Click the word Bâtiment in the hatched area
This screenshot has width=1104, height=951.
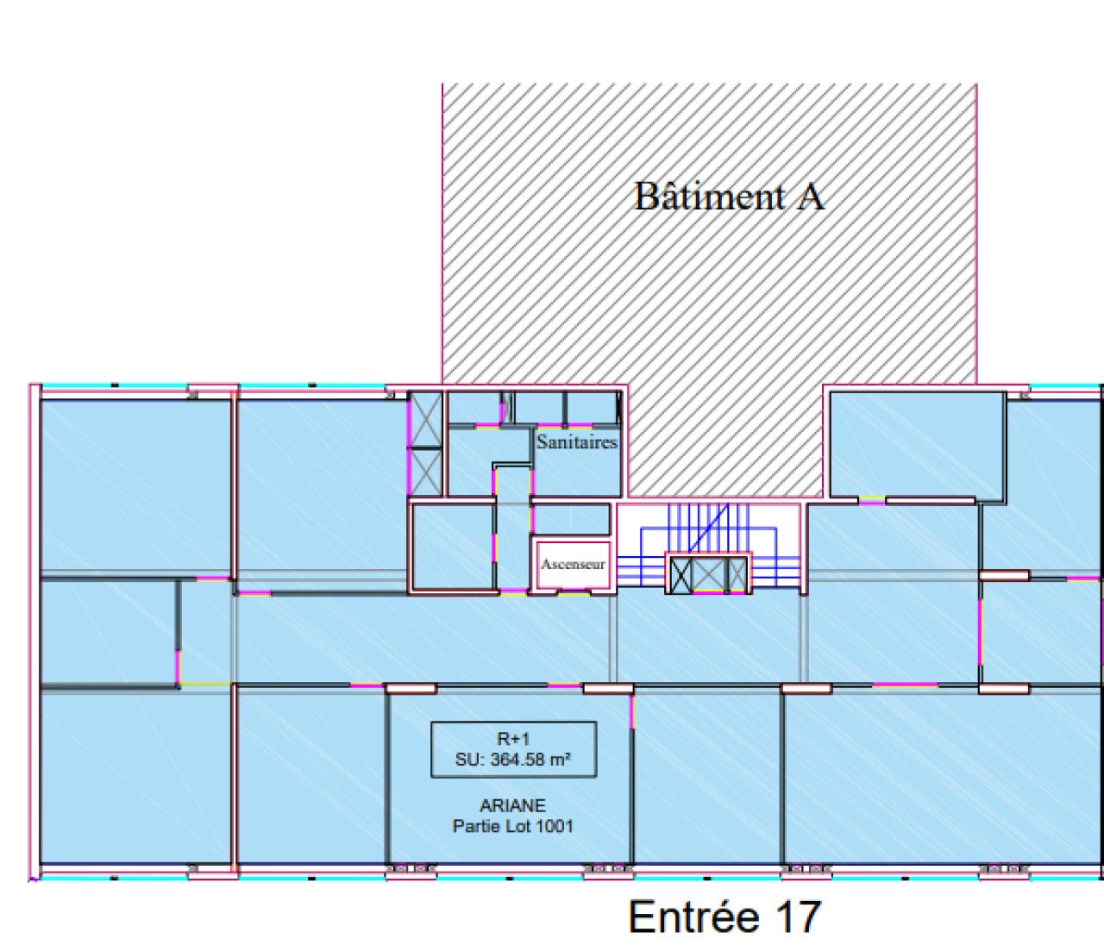[709, 197]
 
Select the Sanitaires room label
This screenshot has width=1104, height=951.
[577, 442]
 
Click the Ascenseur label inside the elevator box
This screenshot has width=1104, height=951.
[573, 565]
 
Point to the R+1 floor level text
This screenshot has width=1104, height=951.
[514, 739]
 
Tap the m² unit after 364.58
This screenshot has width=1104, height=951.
[563, 760]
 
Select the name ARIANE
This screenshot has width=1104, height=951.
[512, 805]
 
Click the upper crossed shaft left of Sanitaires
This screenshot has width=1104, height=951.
[425, 420]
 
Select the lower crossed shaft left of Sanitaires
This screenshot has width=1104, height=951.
[425, 472]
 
